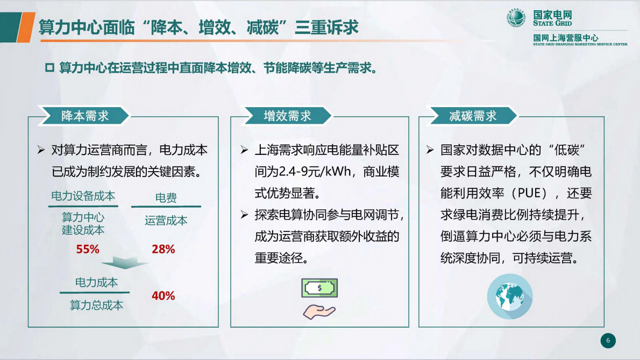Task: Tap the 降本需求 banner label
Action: tap(85, 116)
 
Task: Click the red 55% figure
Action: tap(88, 249)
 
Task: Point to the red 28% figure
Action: tap(163, 249)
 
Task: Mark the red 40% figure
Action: tap(163, 295)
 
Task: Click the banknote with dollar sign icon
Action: tap(319, 288)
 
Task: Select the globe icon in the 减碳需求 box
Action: tap(509, 297)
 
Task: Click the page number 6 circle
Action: tap(608, 340)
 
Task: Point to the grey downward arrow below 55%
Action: tap(125, 264)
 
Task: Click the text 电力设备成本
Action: tap(83, 196)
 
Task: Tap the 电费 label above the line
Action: tap(166, 198)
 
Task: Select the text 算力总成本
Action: tap(96, 305)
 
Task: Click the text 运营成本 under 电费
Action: tap(166, 221)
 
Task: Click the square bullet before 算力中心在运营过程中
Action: tap(50, 68)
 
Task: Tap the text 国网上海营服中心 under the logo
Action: tap(565, 38)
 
